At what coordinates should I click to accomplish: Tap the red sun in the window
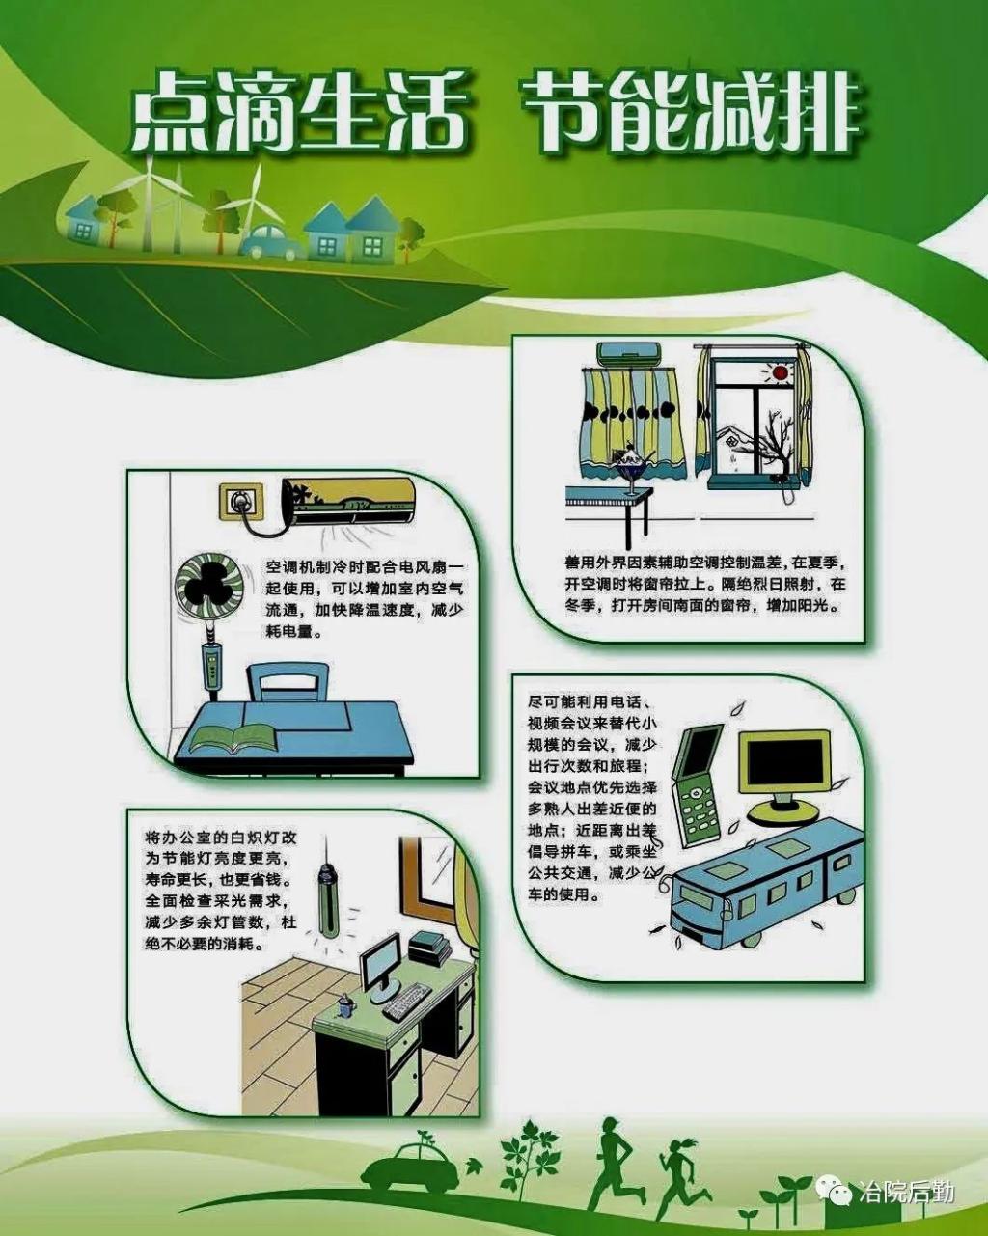coord(780,372)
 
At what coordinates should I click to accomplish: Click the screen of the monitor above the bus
coord(784,759)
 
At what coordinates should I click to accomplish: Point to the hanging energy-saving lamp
coord(327,903)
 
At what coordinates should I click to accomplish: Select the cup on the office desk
coord(345,1006)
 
